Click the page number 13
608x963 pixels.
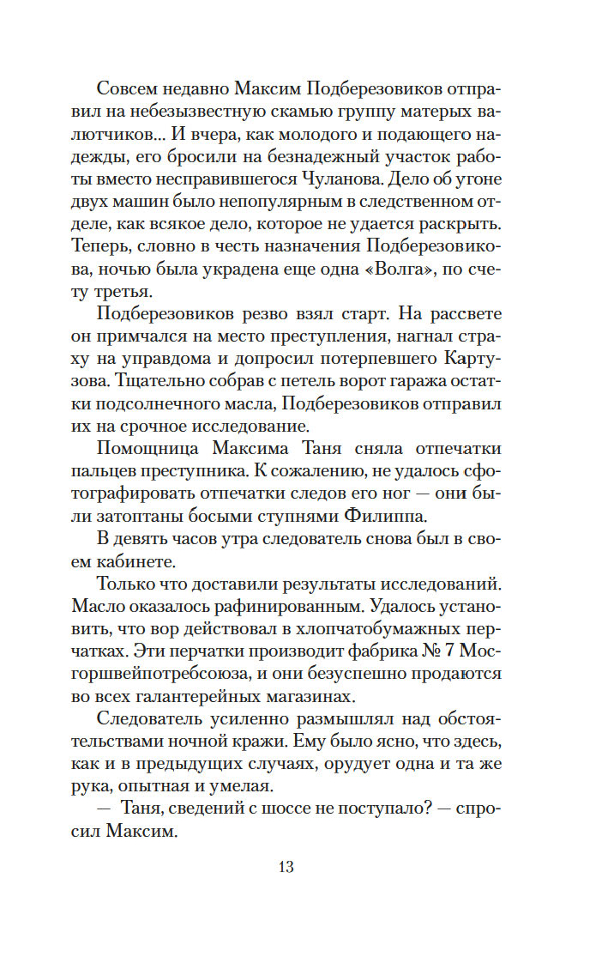286,867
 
